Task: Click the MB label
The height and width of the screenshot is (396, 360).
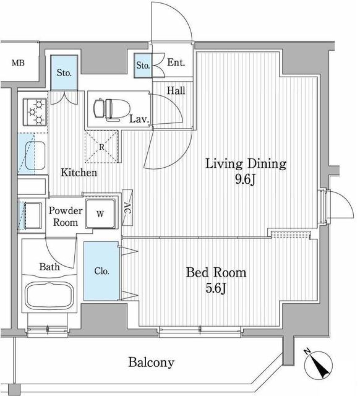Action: point(18,63)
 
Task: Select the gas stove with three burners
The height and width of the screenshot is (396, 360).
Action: point(35,111)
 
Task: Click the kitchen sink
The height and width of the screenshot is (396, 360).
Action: point(34,154)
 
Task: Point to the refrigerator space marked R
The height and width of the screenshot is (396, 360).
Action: point(102,147)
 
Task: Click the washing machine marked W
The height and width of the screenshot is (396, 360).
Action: point(100,214)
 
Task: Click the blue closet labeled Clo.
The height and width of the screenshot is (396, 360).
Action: point(102,271)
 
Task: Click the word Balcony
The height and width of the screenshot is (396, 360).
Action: point(151,363)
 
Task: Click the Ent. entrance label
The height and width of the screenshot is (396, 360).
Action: point(176,63)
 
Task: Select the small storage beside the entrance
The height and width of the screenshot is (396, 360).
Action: point(143,66)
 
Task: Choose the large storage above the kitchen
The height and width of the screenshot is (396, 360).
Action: point(64,73)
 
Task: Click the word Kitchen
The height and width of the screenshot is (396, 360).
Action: point(79,173)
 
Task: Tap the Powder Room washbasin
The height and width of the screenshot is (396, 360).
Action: point(33,216)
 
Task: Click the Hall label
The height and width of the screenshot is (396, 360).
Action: point(176,90)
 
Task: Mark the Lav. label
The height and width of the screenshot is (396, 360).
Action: point(139,120)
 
